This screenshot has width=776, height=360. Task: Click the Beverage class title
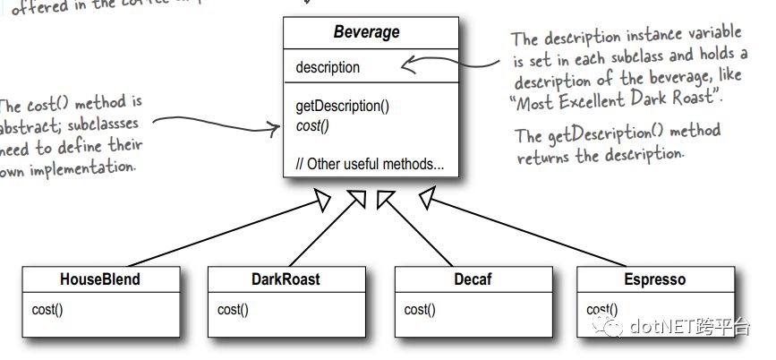(367, 33)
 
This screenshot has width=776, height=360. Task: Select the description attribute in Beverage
(328, 67)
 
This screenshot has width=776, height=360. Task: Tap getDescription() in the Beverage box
(342, 106)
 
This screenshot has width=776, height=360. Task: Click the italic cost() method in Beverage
(312, 126)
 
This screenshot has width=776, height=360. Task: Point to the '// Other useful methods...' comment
(370, 165)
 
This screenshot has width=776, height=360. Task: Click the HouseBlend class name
(100, 279)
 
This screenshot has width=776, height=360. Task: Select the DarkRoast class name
(285, 279)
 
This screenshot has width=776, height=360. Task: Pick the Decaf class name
(474, 279)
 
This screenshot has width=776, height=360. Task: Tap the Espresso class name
(654, 279)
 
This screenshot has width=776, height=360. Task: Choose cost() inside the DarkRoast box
(233, 310)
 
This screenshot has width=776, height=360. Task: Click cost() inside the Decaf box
(420, 310)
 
